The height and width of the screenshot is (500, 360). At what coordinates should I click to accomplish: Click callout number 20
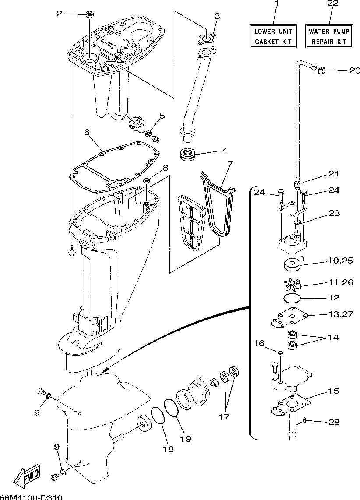[354, 70]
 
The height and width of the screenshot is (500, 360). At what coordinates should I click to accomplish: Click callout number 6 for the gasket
[87, 131]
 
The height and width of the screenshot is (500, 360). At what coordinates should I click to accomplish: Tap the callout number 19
[185, 438]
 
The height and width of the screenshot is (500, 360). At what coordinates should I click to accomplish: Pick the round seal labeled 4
[187, 154]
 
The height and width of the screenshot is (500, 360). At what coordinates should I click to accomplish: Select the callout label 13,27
[340, 314]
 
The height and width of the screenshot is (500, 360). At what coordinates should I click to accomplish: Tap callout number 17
[224, 417]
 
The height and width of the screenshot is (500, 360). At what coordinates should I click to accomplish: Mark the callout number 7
[231, 164]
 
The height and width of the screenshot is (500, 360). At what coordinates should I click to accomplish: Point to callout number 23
[334, 214]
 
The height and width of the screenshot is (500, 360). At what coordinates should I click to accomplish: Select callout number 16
[259, 343]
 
